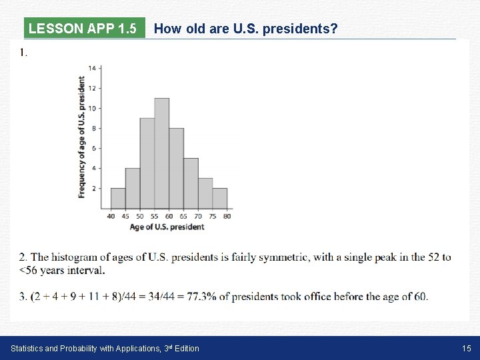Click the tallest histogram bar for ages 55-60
pos(161,153)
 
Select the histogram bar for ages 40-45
pos(118,198)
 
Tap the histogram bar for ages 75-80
pos(219,198)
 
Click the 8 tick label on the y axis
pos(94,128)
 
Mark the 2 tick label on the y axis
pos(94,189)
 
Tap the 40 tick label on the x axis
pos(111,216)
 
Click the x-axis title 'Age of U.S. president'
pos(167,227)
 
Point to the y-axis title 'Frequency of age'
pos(81,137)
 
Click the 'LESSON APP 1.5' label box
pos(83,29)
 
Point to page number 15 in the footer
pos(467,348)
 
